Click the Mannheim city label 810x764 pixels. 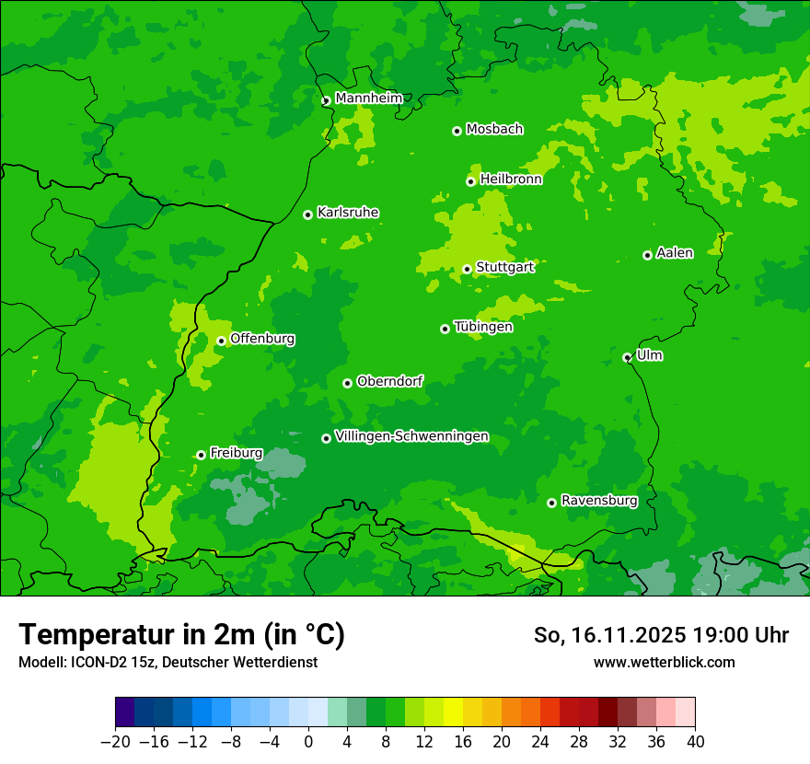368,98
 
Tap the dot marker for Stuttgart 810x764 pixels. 467,269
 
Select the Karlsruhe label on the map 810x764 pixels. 348,213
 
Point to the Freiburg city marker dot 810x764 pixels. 201,455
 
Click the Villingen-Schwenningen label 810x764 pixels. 411,436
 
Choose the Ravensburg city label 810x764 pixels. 599,501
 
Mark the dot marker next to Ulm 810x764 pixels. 627,357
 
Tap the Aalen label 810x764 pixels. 675,253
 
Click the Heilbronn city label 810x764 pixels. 511,179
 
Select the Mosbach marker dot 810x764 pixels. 457,131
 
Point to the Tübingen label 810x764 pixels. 483,327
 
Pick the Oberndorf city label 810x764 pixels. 390,381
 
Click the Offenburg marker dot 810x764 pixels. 221,341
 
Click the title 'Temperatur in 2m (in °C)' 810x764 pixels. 181,634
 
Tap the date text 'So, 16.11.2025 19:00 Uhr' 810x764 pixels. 661,635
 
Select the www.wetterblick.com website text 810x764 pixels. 664,662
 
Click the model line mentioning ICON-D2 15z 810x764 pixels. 168,662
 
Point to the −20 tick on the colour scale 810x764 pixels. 115,742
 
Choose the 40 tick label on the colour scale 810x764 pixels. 695,742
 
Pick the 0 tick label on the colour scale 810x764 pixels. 308,742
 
